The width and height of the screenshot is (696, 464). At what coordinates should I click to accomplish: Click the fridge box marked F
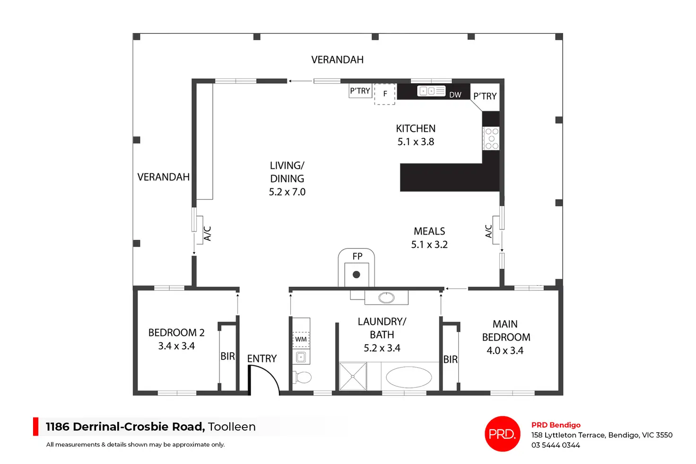click(385, 94)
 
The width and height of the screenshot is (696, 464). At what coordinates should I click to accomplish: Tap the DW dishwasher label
click(455, 95)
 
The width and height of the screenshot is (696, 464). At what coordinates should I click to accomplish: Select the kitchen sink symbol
click(431, 91)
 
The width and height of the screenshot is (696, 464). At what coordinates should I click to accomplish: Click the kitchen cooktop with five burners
click(491, 138)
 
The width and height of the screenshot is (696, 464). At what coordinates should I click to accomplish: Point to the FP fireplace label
click(357, 256)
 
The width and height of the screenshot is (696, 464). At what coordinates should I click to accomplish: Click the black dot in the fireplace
click(357, 274)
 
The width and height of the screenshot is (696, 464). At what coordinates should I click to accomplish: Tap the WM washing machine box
click(301, 340)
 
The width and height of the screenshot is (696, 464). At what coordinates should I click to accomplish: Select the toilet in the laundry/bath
click(302, 377)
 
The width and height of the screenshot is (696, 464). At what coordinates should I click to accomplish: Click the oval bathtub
click(409, 377)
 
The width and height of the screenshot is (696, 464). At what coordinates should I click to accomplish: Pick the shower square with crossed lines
click(353, 376)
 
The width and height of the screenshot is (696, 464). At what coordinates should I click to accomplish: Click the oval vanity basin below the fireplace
click(386, 298)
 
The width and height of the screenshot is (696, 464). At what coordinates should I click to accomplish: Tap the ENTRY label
click(261, 359)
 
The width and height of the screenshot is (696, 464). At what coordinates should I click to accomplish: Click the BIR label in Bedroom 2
click(227, 357)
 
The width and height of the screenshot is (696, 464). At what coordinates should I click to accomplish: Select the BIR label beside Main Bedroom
click(450, 359)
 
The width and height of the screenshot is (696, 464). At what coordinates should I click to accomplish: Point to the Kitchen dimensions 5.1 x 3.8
click(416, 142)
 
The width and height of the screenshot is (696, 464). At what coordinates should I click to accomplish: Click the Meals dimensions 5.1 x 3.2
click(429, 245)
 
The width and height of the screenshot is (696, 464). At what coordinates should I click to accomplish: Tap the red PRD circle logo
click(503, 434)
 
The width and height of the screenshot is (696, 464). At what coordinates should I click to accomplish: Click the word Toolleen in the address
click(232, 427)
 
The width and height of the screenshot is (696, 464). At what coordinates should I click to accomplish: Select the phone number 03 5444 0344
click(556, 445)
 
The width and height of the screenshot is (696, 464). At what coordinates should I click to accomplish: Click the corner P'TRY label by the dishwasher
click(485, 96)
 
